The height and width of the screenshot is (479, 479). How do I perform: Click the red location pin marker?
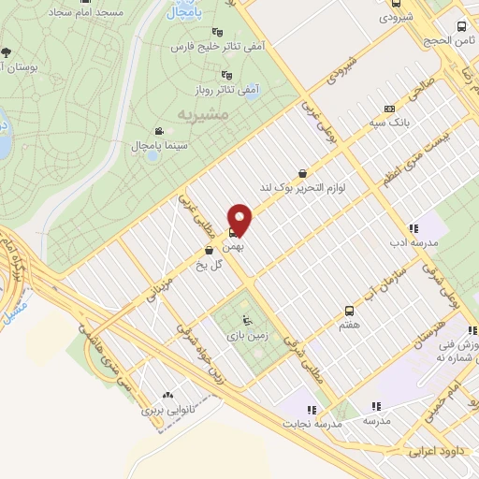[241, 221]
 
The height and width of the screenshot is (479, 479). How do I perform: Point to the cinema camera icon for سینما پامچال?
[159, 131]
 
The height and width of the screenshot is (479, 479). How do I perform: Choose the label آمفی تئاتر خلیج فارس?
[219, 46]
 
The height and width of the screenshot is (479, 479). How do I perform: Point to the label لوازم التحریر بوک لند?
[302, 189]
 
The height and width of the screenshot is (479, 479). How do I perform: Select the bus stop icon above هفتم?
[349, 310]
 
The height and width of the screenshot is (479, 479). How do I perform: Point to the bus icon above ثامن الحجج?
[461, 26]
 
